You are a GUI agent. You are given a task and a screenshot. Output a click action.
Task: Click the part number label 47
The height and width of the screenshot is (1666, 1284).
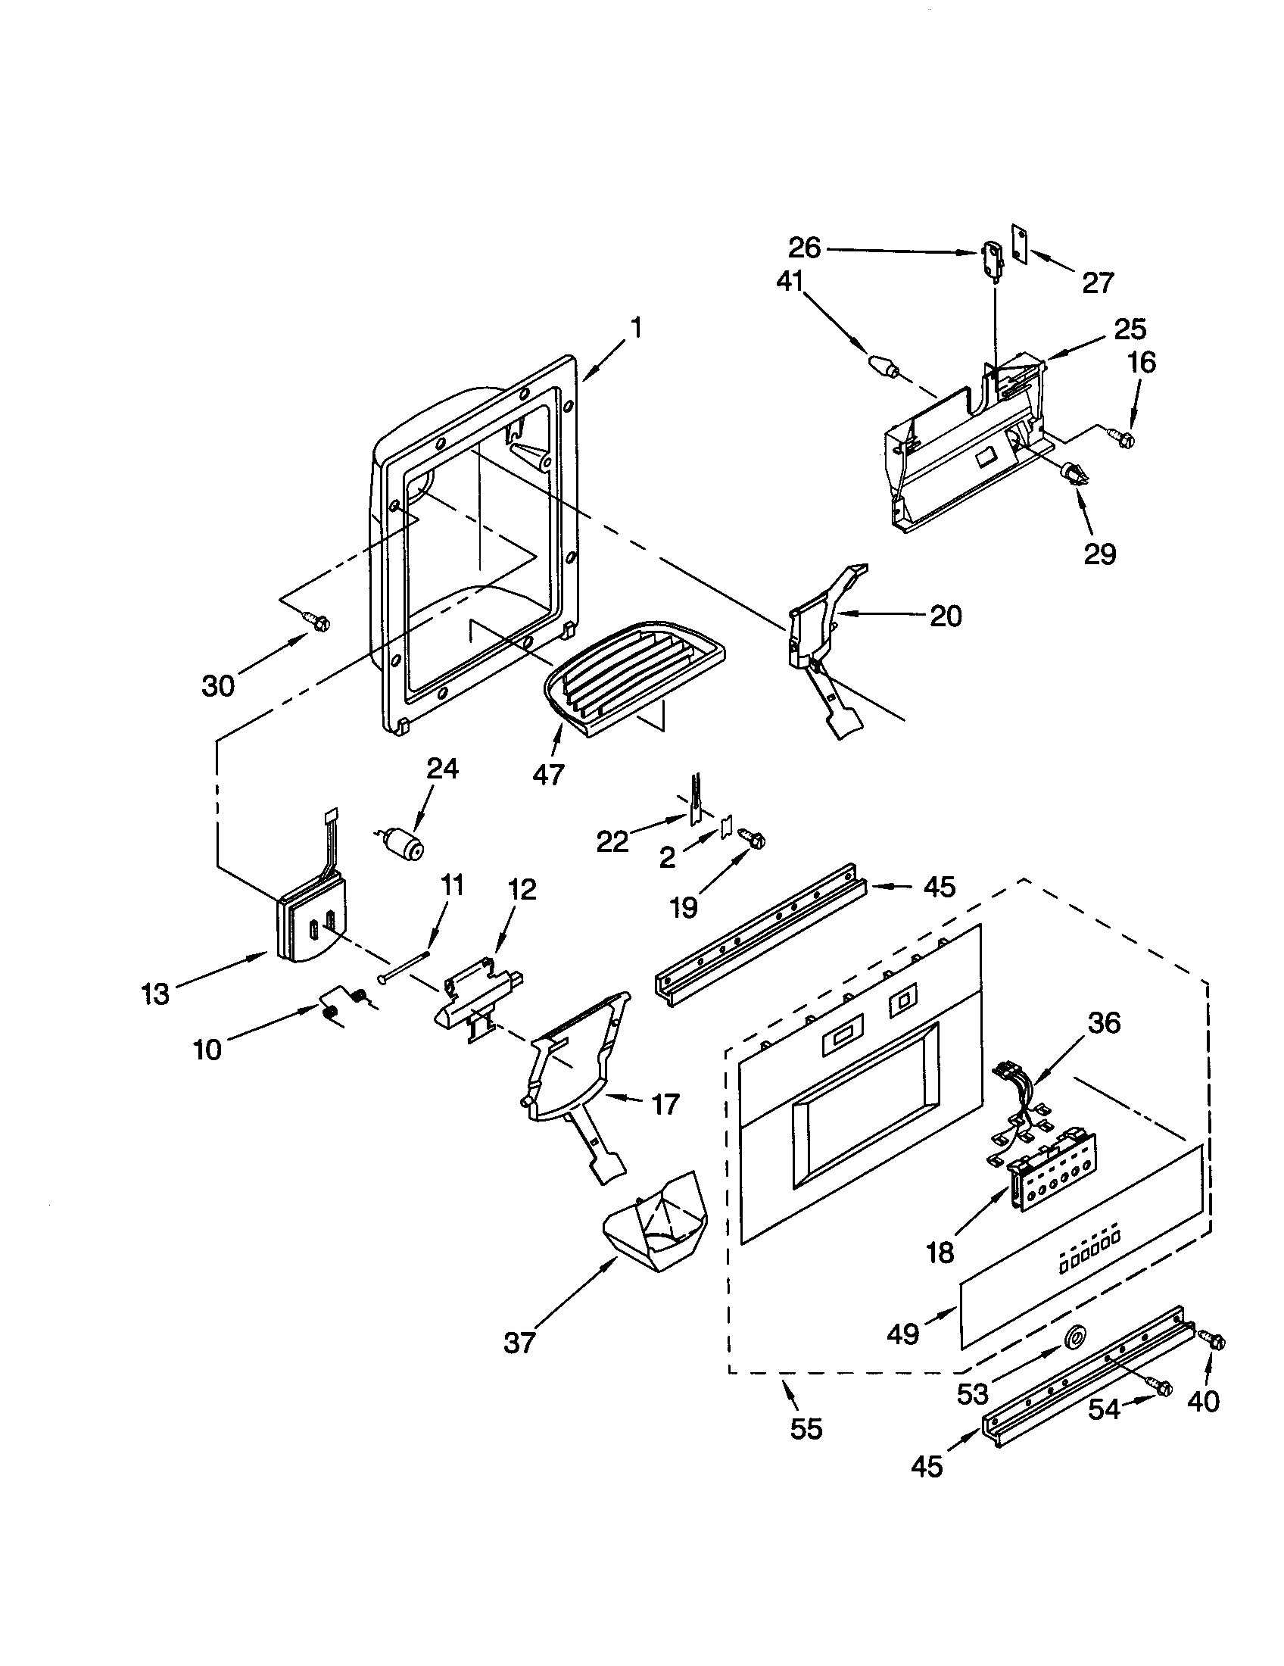[x=547, y=774]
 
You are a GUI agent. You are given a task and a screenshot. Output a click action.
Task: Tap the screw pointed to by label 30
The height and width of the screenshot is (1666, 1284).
[x=317, y=622]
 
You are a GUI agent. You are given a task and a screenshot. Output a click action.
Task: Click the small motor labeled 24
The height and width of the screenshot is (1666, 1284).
[x=404, y=844]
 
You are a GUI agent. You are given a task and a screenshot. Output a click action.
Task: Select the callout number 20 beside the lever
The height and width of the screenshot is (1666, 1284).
[x=946, y=616]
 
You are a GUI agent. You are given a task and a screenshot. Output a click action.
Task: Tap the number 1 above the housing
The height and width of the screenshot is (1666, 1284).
[x=636, y=329]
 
